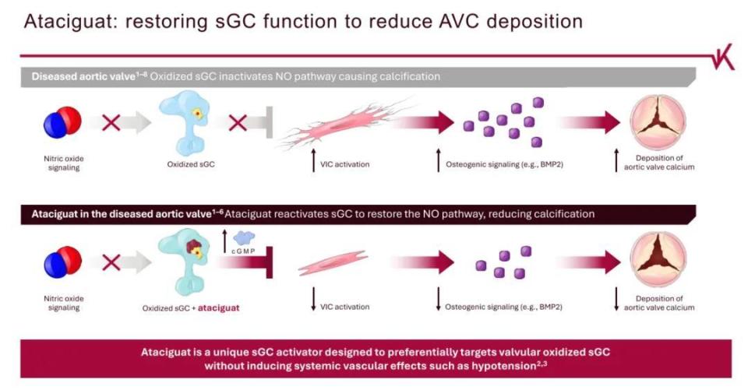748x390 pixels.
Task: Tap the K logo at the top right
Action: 724,61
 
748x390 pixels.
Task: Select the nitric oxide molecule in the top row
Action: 62,122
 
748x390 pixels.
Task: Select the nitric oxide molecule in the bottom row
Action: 62,262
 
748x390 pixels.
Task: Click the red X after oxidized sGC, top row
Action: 238,122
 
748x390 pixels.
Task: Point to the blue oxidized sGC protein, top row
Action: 185,122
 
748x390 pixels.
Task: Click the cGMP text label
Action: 243,251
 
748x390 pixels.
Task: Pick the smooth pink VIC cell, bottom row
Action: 333,262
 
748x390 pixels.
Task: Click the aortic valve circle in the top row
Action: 658,122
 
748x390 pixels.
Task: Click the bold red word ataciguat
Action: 218,308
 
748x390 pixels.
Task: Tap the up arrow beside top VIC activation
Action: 313,160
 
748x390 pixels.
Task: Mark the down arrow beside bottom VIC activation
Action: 313,299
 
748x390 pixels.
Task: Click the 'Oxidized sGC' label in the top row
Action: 191,164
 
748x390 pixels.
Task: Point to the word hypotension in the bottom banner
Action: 502,366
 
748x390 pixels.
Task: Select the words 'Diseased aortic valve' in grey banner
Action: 84,77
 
